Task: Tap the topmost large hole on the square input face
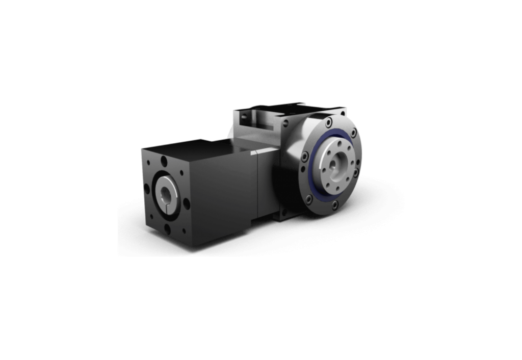click(164, 161)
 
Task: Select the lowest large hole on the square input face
click(168, 229)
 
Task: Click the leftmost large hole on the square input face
click(147, 188)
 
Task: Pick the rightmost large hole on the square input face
click(187, 202)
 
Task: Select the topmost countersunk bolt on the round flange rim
click(329, 122)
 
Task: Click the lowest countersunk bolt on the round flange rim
click(334, 205)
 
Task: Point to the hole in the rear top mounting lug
click(246, 118)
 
